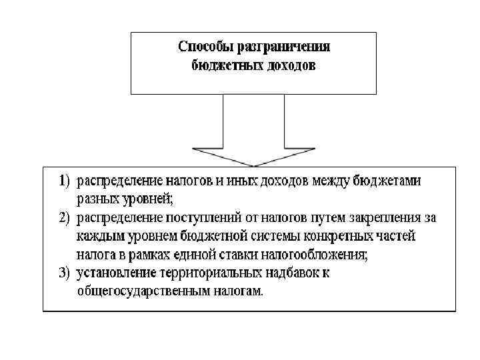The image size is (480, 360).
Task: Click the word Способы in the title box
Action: point(205,47)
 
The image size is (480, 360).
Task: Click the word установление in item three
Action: point(116,273)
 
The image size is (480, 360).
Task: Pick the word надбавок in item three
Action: point(292,273)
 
